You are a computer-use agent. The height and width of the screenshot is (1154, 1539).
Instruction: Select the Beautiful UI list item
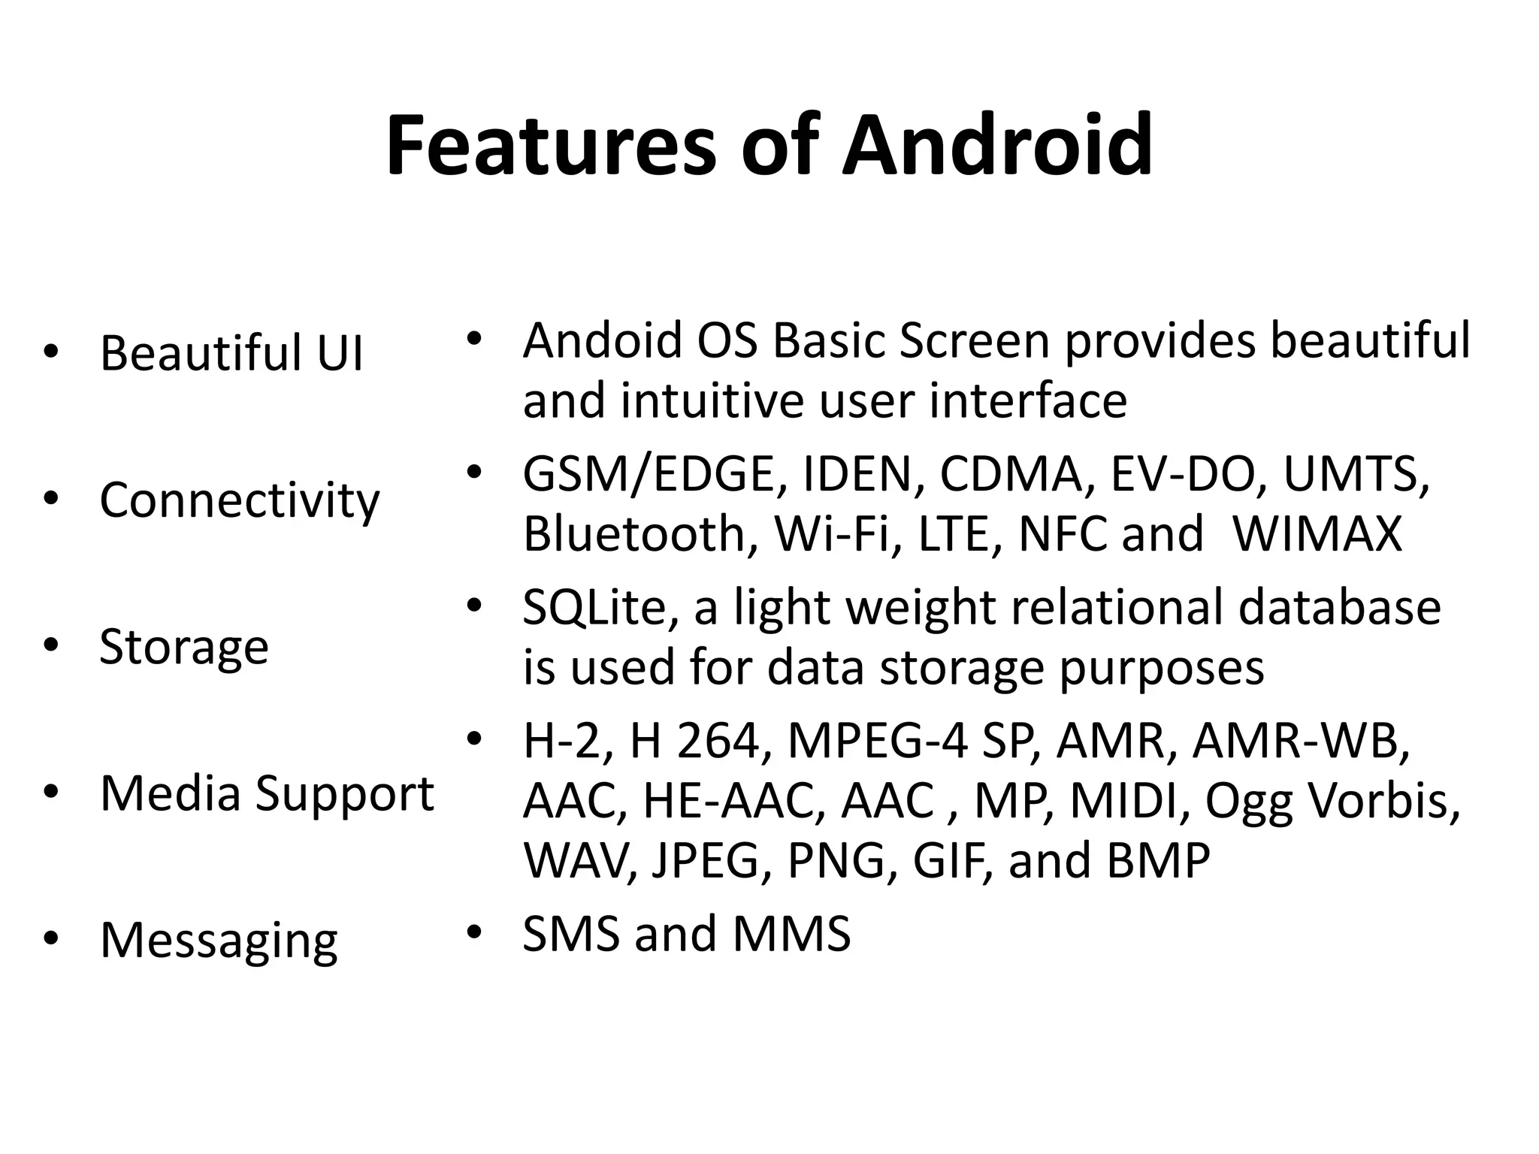tap(231, 352)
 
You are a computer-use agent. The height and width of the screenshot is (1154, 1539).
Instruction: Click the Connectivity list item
tap(240, 500)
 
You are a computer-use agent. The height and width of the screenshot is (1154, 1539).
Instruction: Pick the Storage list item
tap(184, 646)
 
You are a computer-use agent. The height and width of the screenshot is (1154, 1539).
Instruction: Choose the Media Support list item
tap(267, 793)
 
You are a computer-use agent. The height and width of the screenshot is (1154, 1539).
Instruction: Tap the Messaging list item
tap(219, 940)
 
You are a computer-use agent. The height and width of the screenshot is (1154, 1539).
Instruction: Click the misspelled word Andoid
tap(602, 340)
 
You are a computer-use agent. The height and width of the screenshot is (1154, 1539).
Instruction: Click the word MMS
tap(791, 934)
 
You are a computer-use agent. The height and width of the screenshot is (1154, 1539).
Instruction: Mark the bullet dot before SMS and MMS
tap(473, 932)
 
